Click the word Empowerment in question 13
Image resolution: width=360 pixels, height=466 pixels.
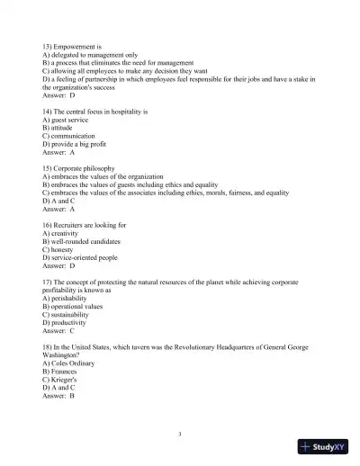tap(75, 44)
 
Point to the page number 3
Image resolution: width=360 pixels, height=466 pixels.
tap(180, 434)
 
